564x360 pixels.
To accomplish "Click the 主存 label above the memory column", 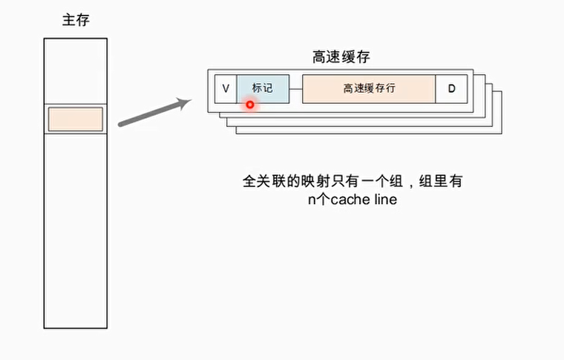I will coord(75,20).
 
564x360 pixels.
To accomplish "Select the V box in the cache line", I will coord(226,88).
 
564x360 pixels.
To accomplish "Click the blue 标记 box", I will coord(262,88).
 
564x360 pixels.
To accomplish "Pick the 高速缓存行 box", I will coord(369,88).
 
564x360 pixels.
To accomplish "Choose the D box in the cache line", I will coord(451,88).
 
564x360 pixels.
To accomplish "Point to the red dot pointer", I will coord(250,105).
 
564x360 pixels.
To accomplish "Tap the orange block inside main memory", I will coord(75,120).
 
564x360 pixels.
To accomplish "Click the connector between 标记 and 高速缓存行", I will coord(295,88).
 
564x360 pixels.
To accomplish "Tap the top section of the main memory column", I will coord(75,71).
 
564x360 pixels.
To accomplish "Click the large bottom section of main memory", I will coord(75,230).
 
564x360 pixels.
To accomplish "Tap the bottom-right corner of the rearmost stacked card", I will coord(501,133).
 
